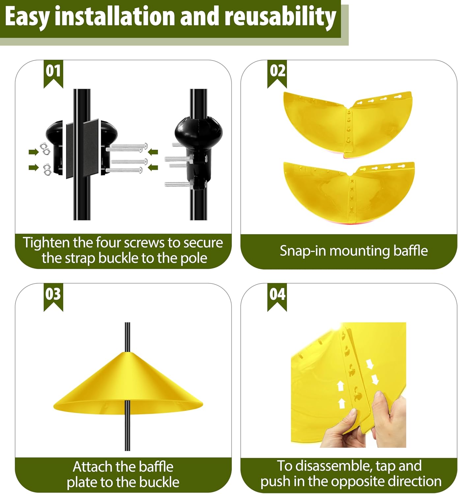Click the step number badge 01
[53, 72]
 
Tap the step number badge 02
[277, 72]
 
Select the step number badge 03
[53, 295]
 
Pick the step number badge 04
[277, 295]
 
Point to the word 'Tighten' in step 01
[46, 243]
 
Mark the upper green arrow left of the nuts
[33, 152]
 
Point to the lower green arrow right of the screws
[153, 168]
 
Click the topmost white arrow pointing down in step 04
[369, 364]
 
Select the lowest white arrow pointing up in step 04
[342, 402]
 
